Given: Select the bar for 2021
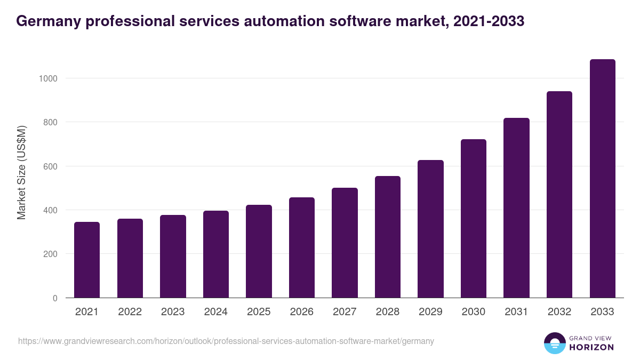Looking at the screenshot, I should [x=87, y=260].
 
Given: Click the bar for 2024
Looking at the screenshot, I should [x=216, y=254].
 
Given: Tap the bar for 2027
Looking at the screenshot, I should [x=345, y=243].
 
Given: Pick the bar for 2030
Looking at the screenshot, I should [x=474, y=219].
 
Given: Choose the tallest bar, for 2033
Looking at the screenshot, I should [x=602, y=179].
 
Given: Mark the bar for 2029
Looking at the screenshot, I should [x=430, y=229].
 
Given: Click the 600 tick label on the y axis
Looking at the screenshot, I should [x=50, y=166].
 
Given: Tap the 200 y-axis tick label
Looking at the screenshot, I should [x=50, y=254].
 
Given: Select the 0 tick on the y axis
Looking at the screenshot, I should [x=55, y=298].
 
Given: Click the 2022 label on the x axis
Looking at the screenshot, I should [x=130, y=312].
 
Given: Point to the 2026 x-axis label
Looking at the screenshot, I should [x=302, y=312].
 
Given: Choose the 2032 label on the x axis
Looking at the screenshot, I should [x=559, y=312].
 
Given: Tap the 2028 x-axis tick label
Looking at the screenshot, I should [x=388, y=312].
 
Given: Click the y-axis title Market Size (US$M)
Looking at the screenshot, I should [x=21, y=172].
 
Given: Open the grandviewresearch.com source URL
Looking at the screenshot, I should [x=226, y=341].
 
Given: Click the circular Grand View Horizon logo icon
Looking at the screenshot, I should [x=554, y=343].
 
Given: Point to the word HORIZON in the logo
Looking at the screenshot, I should [x=591, y=347].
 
